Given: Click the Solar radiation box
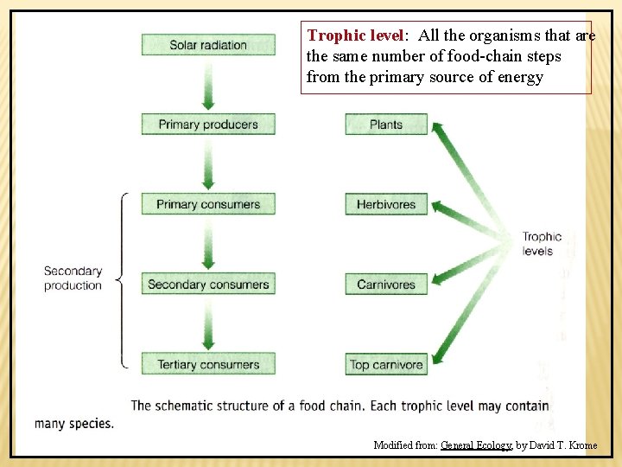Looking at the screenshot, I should click(x=208, y=44).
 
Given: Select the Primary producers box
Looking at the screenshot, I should click(x=208, y=125).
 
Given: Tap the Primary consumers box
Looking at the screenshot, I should click(x=208, y=205).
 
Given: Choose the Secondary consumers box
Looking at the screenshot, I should click(x=208, y=285).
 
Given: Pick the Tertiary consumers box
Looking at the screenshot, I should click(x=208, y=364).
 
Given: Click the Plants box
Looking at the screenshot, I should click(x=386, y=125).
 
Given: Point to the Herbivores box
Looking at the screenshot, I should click(x=386, y=205).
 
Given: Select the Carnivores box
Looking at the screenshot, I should click(x=386, y=285).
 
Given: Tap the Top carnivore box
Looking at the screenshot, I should click(x=386, y=364).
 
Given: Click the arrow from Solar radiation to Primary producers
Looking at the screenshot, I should click(x=208, y=84).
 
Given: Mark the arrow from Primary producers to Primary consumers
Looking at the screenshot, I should click(x=208, y=164).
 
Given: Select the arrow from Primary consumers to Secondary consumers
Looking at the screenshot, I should click(x=208, y=245).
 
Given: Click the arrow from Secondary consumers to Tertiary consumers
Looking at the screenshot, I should click(x=208, y=324).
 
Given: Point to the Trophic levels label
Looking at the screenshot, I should click(x=542, y=244).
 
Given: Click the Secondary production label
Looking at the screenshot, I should click(x=73, y=278).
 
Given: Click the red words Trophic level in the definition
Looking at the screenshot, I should click(x=355, y=36).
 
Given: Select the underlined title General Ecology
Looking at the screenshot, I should click(x=476, y=445).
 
